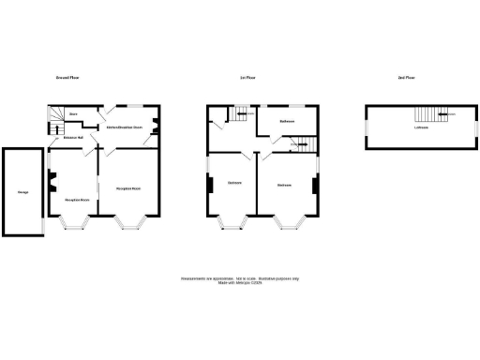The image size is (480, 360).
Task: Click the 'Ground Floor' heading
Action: [x=67, y=77]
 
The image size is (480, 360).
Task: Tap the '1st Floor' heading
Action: [x=248, y=77]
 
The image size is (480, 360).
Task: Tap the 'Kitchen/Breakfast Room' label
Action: [x=125, y=126]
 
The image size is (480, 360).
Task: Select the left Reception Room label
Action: [x=77, y=200]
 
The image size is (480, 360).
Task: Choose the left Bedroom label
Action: [x=234, y=182]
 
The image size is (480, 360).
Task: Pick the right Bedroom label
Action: [x=284, y=185]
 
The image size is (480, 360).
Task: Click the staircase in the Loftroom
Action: [x=427, y=116]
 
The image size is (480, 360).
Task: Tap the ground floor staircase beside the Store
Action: [x=54, y=116]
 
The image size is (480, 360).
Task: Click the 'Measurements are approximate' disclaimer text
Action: [x=240, y=278]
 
